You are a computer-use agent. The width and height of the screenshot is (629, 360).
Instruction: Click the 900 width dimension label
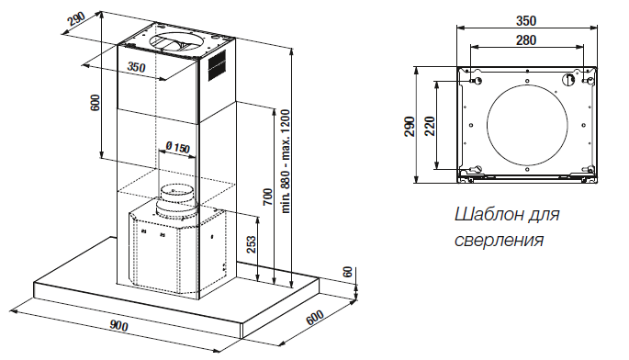coord(118,325)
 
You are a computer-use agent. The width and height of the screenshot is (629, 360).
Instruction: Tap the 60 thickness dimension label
coord(348,272)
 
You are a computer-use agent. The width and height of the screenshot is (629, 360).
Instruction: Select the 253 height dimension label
coord(251,244)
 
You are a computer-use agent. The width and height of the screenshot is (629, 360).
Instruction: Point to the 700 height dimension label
coord(267,197)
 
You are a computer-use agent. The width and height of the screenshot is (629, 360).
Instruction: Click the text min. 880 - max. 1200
coord(286,161)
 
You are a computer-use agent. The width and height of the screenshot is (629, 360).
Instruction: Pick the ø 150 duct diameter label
coord(177,147)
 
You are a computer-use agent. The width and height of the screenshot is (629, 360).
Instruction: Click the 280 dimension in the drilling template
coord(526,40)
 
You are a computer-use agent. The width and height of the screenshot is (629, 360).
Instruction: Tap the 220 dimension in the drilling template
coord(430,126)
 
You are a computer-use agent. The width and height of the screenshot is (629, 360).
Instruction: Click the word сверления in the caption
coord(499,241)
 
